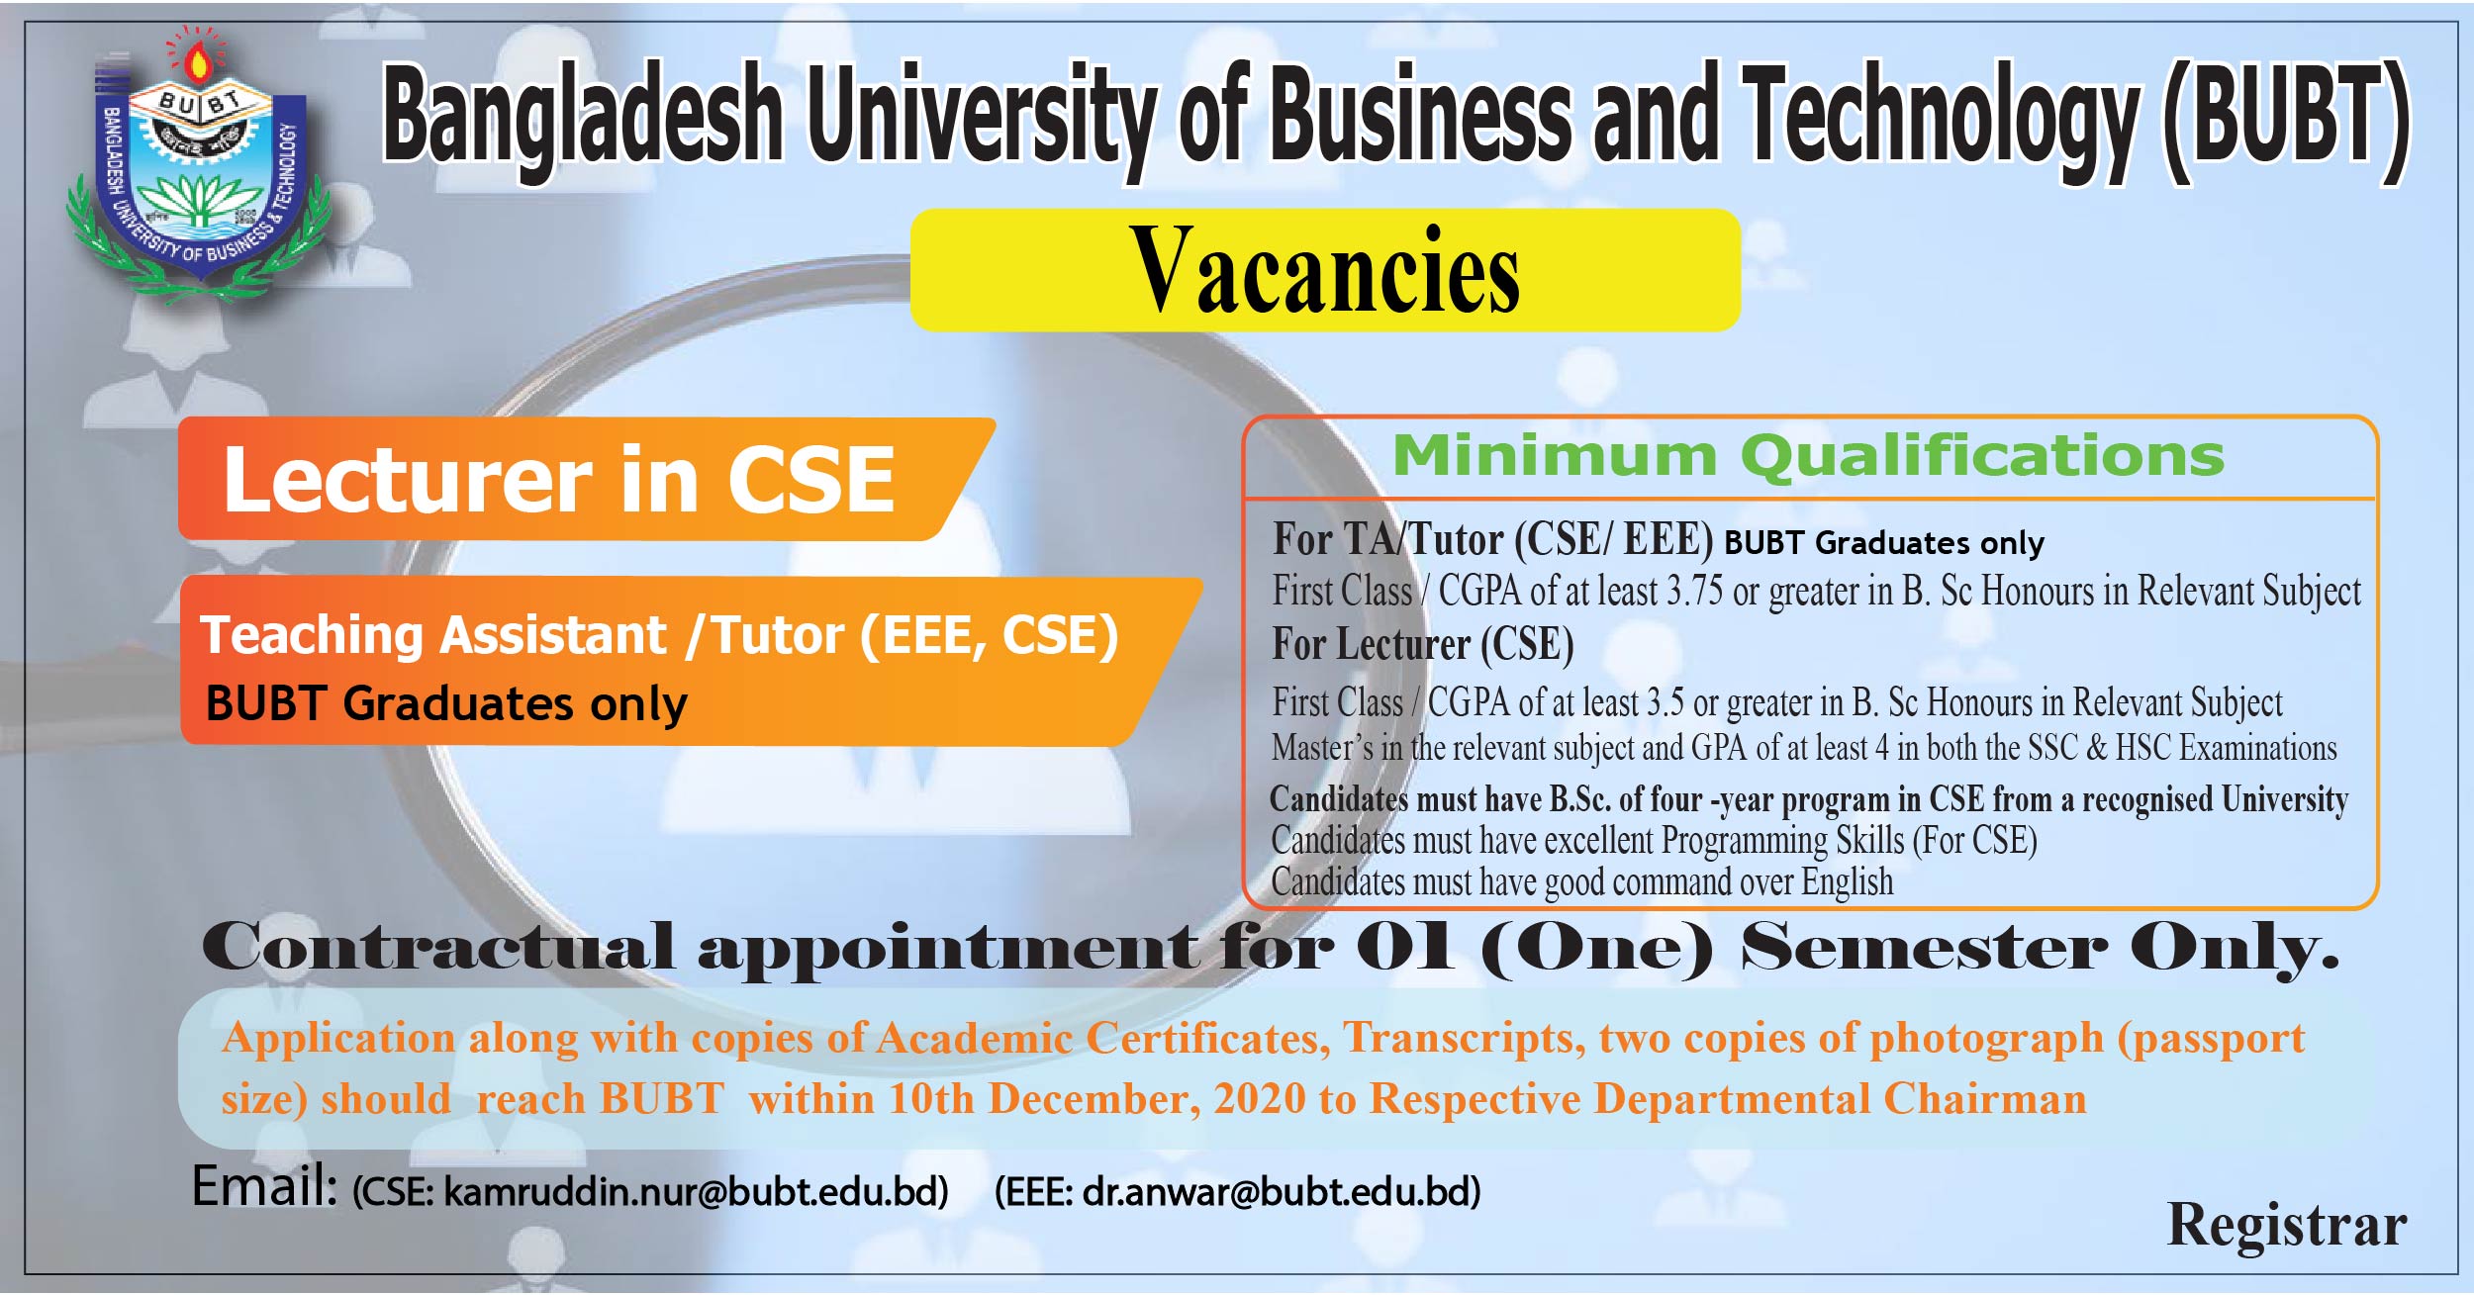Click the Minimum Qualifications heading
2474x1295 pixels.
1808,456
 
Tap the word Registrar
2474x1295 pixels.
2286,1226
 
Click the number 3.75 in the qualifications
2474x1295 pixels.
1694,592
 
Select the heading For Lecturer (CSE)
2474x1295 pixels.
1422,645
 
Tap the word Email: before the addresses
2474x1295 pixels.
264,1186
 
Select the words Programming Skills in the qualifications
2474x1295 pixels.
1781,841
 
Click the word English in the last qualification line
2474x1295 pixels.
1847,882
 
